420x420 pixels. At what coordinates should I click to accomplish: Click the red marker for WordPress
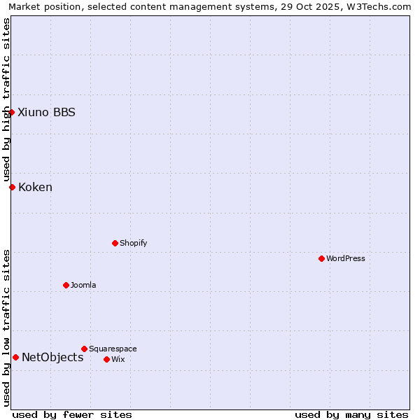321,258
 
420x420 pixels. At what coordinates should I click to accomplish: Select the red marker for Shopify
115,243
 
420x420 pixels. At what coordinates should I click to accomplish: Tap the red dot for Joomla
66,285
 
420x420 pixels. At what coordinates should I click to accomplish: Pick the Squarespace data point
84,349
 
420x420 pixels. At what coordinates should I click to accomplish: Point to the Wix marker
106,359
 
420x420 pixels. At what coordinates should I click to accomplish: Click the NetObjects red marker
15,357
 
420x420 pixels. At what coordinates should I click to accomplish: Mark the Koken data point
12,187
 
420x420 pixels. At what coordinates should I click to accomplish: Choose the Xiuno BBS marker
11,112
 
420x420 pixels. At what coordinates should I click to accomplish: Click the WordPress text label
346,258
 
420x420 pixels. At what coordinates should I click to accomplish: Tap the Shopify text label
133,243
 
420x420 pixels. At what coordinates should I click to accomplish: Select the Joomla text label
83,285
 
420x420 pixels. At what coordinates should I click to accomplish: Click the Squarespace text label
113,349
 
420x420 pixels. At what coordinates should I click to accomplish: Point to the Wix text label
118,359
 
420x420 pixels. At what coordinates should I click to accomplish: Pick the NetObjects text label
52,357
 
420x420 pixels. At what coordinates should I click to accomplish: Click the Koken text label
35,187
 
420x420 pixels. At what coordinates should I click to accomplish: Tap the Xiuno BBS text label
46,112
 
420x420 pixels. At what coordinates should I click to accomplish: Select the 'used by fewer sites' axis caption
72,414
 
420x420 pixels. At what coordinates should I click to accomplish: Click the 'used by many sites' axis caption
351,414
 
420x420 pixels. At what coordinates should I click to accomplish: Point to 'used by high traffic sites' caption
6,99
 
